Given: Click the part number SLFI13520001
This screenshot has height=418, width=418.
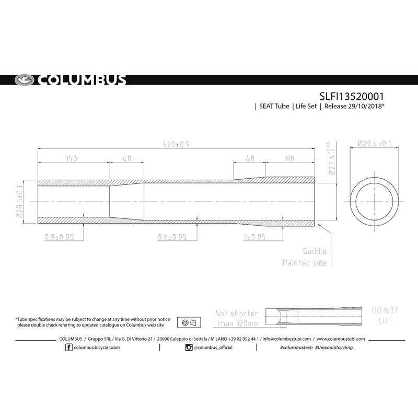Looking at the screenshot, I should (353, 96).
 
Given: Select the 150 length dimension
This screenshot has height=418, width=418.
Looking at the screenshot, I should (74, 158).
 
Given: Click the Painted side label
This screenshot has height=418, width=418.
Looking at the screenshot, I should (305, 263).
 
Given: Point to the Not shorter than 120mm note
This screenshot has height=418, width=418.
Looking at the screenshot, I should (237, 318).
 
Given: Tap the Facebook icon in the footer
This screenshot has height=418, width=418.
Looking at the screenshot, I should (69, 347).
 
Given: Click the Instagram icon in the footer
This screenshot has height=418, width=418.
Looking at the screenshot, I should (189, 347).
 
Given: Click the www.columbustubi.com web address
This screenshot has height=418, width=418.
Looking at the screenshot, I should (341, 339).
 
